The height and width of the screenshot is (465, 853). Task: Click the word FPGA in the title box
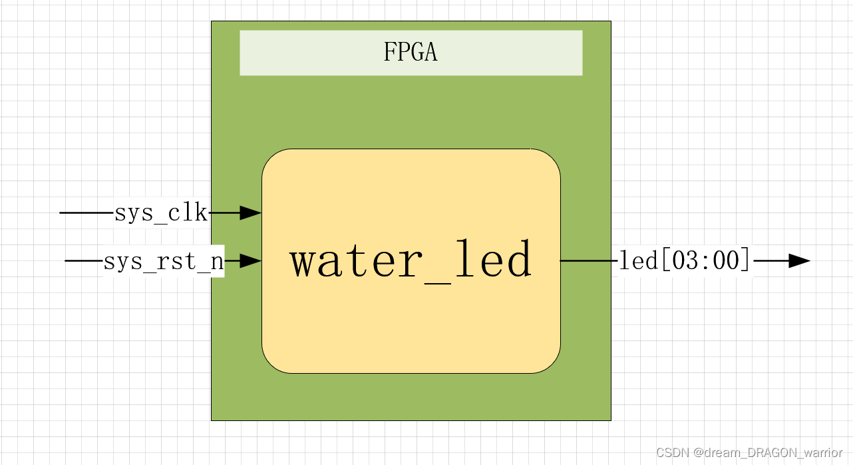pyautogui.click(x=411, y=52)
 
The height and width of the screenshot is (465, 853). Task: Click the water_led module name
pyautogui.click(x=411, y=260)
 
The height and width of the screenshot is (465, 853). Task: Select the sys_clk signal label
pyautogui.click(x=161, y=213)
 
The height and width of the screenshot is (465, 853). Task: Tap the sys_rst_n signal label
pyautogui.click(x=163, y=261)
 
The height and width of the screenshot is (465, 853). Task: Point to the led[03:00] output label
pyautogui.click(x=685, y=260)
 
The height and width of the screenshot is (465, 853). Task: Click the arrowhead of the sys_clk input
pyautogui.click(x=250, y=213)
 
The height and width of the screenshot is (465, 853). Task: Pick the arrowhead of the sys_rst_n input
pyautogui.click(x=250, y=261)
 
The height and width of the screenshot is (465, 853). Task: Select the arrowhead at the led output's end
pyautogui.click(x=799, y=261)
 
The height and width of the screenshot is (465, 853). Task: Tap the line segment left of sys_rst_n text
pyautogui.click(x=83, y=261)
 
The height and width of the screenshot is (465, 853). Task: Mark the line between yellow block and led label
pyautogui.click(x=589, y=261)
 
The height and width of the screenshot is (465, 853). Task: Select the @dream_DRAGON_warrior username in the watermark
pyautogui.click(x=768, y=453)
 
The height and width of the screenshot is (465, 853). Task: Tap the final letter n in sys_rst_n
pyautogui.click(x=217, y=262)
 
